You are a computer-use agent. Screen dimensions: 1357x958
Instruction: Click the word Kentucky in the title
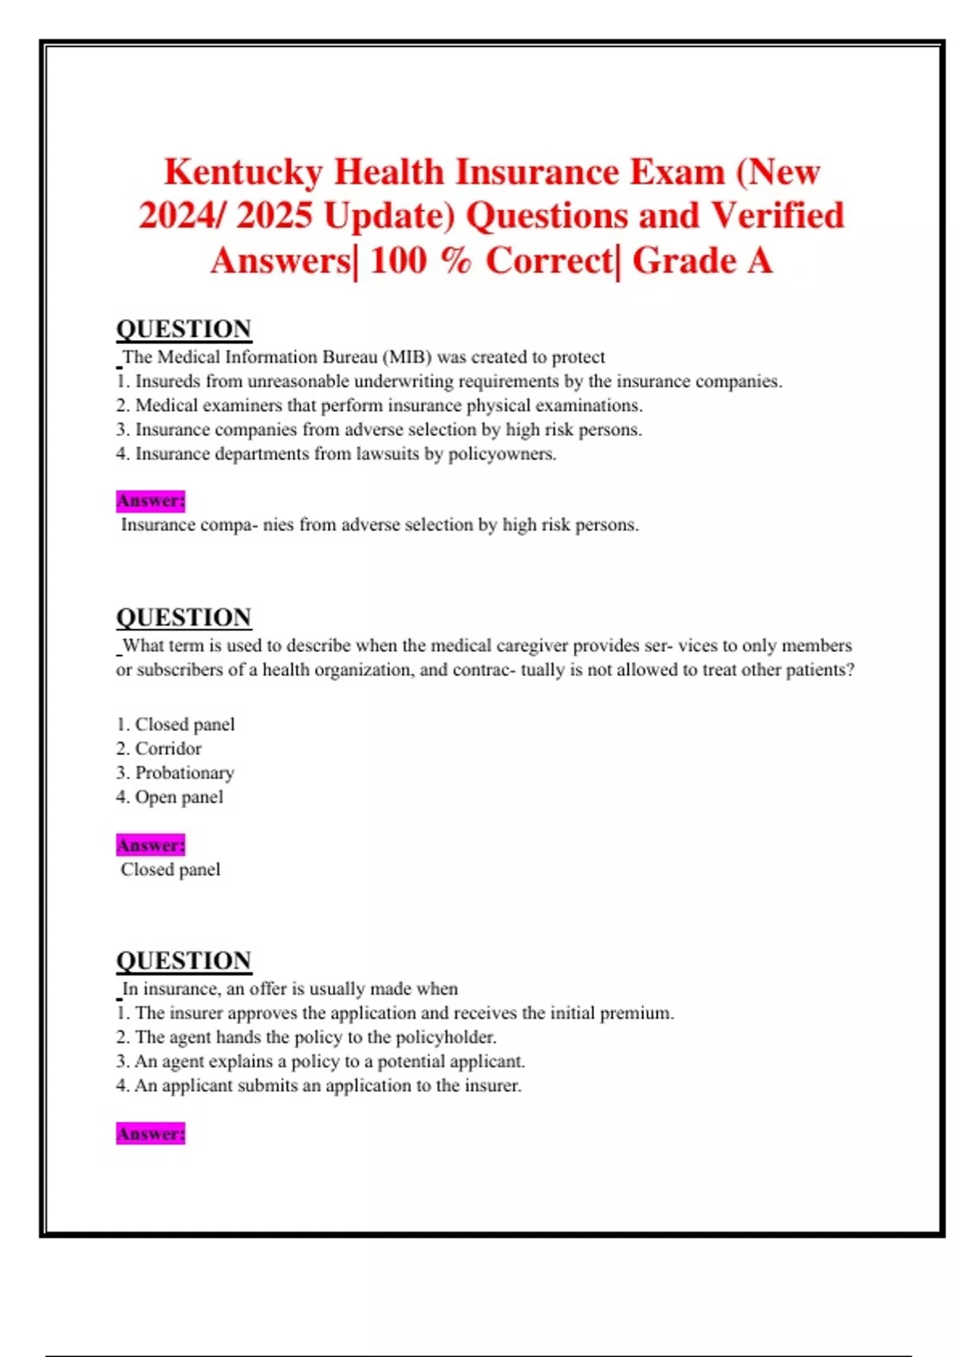[x=243, y=172]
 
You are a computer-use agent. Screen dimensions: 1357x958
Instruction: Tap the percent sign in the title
[x=455, y=260]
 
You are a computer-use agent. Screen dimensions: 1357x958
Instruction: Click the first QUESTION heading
[x=184, y=329]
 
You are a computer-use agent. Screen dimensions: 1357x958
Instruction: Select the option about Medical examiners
[x=379, y=406]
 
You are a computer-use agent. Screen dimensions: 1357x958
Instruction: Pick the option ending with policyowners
[x=336, y=454]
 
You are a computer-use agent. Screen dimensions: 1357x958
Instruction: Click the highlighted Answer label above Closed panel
[x=150, y=845]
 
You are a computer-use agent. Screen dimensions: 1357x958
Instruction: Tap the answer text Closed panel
[x=170, y=869]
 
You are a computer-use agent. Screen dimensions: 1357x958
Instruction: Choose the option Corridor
[x=159, y=749]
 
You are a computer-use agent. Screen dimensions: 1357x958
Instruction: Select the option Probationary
[x=175, y=773]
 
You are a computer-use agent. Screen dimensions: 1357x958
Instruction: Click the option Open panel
[x=169, y=797]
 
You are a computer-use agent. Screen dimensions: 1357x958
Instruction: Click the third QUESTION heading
[x=184, y=960]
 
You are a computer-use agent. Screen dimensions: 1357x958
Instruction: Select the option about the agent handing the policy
[x=307, y=1037]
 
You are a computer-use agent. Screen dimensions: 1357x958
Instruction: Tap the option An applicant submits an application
[x=319, y=1086]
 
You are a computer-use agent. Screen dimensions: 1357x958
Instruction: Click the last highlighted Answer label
[x=150, y=1133]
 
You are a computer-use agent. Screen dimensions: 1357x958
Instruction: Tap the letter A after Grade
[x=759, y=260]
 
